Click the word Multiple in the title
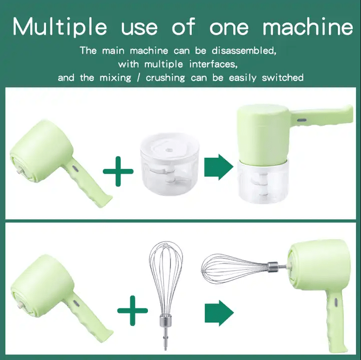(60, 27)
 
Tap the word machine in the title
(308, 27)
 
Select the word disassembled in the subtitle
(244, 51)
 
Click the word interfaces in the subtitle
(213, 64)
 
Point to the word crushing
(165, 78)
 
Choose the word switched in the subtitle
(282, 78)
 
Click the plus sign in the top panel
(118, 171)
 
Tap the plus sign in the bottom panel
(132, 310)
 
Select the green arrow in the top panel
(219, 167)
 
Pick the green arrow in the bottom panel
(219, 313)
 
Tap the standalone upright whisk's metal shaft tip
(165, 348)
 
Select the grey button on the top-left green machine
(75, 169)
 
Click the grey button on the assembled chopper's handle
(302, 120)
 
